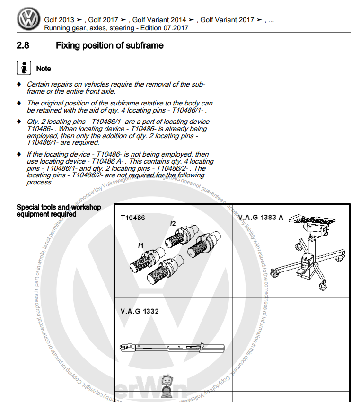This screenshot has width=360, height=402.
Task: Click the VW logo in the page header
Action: [x=29, y=19]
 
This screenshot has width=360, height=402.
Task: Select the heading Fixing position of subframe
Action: [x=109, y=46]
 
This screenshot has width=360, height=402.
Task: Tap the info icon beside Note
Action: [x=24, y=68]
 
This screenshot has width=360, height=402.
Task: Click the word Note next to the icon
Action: [x=44, y=69]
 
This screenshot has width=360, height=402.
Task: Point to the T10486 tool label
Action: [x=133, y=218]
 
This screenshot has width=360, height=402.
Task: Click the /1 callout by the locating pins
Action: [x=140, y=245]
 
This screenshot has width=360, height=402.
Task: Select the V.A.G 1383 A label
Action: [x=261, y=218]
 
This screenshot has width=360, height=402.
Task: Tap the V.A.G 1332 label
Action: [x=140, y=311]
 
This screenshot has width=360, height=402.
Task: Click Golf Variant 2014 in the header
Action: [x=159, y=20]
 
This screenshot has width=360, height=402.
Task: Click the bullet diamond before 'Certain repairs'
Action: [x=19, y=84]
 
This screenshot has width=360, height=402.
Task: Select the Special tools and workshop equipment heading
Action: [x=59, y=210]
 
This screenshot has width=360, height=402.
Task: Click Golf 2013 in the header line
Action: [x=59, y=20]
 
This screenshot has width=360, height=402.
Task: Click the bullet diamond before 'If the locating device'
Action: [x=19, y=154]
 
